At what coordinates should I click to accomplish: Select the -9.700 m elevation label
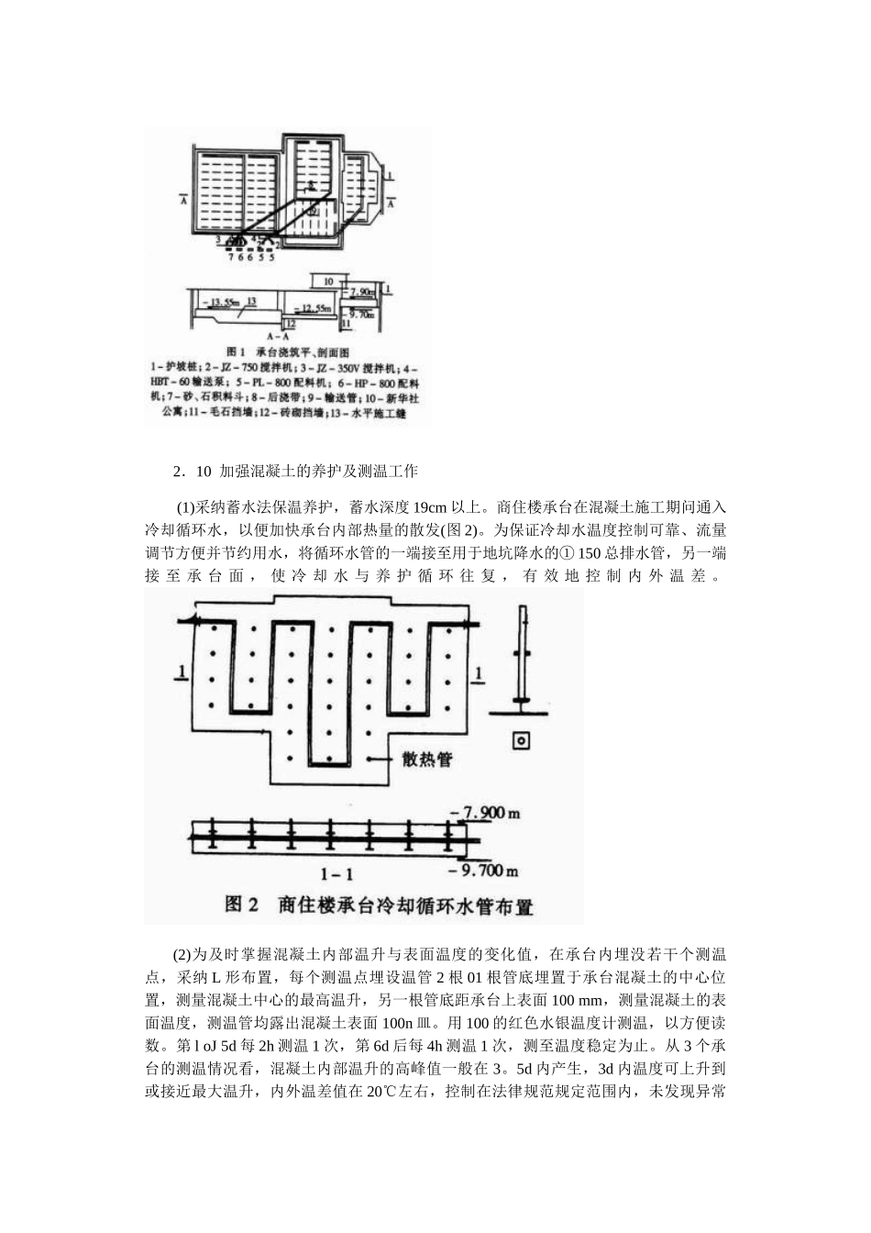[x=493, y=870]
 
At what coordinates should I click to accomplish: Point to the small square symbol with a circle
[x=521, y=740]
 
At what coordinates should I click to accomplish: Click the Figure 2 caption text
[x=379, y=906]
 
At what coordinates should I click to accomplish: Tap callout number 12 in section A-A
[x=289, y=323]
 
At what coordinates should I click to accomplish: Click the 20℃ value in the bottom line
[x=379, y=1093]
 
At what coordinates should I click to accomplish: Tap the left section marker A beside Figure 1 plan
[x=183, y=201]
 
